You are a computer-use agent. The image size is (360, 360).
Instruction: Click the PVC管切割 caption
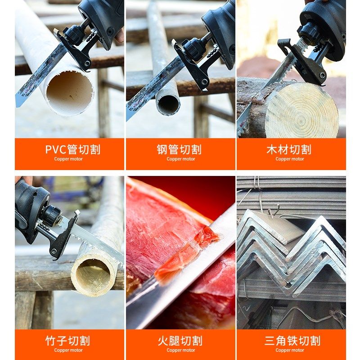pyautogui.click(x=73, y=149)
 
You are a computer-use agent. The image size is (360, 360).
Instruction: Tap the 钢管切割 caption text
pyautogui.click(x=179, y=149)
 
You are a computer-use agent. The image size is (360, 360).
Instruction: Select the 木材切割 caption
pyautogui.click(x=289, y=149)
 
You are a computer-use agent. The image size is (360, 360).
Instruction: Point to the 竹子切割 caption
pyautogui.click(x=68, y=341)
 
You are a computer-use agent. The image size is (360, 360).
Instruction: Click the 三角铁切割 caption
pyautogui.click(x=292, y=341)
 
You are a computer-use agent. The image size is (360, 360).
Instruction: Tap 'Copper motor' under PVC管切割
pyautogui.click(x=68, y=159)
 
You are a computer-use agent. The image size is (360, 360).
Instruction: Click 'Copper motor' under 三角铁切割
pyautogui.click(x=290, y=351)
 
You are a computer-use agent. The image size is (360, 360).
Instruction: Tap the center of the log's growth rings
pyautogui.click(x=301, y=119)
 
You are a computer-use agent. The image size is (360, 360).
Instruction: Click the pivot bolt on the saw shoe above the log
pyautogui.click(x=322, y=75)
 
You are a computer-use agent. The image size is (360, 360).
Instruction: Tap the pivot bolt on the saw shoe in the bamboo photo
pyautogui.click(x=54, y=251)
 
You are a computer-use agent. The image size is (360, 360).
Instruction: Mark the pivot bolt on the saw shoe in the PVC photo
pyautogui.click(x=87, y=63)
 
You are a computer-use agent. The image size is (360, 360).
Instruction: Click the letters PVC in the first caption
pyautogui.click(x=55, y=149)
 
